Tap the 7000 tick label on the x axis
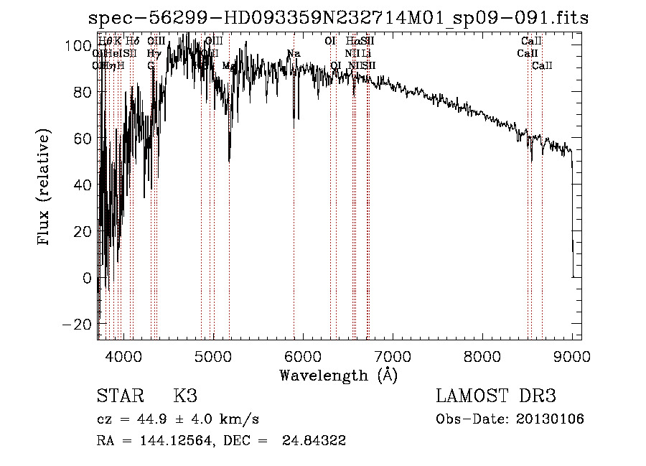click(393, 355)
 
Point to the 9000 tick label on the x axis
click(572, 355)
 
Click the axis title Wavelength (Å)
click(338, 375)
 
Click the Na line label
click(294, 54)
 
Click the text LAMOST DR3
click(496, 396)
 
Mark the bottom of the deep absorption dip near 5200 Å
click(230, 161)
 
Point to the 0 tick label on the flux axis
click(87, 278)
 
